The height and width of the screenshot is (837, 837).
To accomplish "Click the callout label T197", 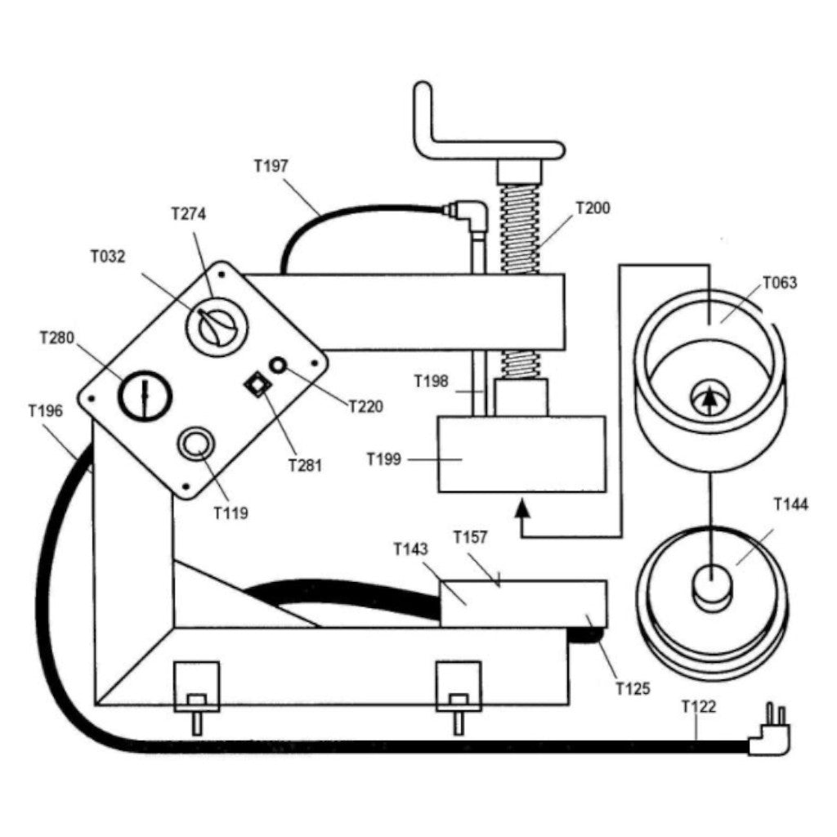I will [271, 166].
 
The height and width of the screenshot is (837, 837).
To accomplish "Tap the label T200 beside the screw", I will [593, 208].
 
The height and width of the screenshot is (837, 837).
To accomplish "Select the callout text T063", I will [779, 284].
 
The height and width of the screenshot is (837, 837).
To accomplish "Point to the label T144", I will [790, 504].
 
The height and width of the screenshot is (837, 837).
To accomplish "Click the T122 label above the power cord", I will [698, 707].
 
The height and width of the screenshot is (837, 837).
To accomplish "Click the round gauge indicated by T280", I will [145, 396].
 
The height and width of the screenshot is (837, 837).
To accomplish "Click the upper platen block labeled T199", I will [521, 454].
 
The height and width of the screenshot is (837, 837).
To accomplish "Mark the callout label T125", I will [632, 688].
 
